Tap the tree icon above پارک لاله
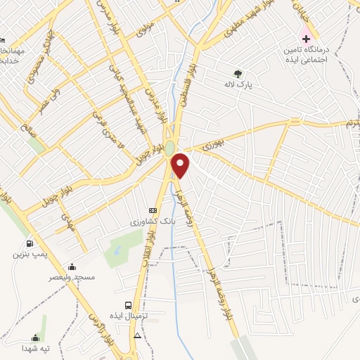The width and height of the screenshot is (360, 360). point(238,72)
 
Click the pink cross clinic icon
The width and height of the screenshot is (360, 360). point(305,37)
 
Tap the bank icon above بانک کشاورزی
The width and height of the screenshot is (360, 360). point(153,210)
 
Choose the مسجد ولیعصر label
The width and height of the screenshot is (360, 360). point(72,278)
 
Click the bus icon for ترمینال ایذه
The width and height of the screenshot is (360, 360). point(128,304)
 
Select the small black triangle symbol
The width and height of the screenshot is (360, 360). point(137,335)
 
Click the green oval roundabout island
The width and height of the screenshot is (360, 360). point(170,148)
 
